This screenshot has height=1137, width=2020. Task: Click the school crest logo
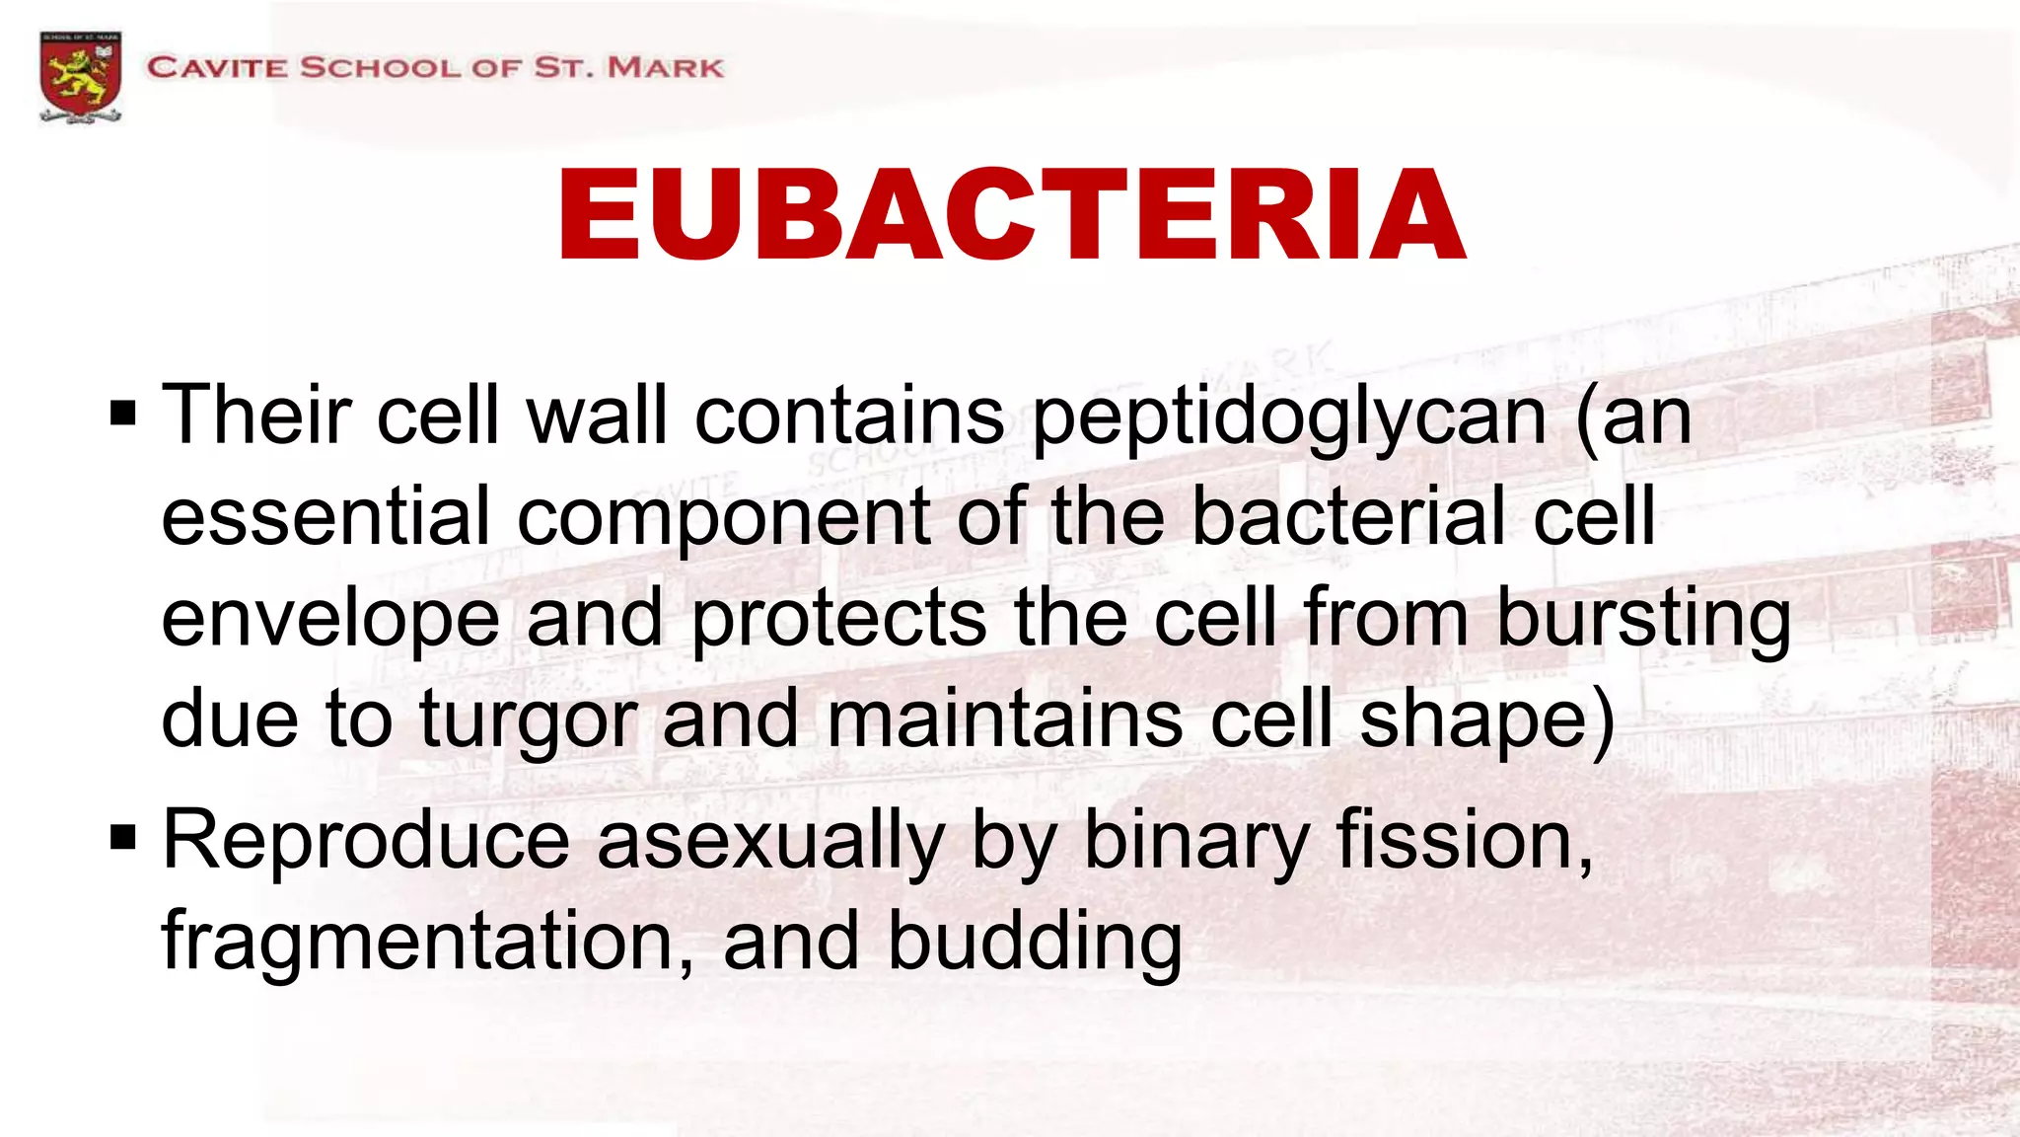pyautogui.click(x=81, y=76)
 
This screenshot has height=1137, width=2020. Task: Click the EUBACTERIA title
pyautogui.click(x=1011, y=215)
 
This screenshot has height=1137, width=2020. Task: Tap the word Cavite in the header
pyautogui.click(x=217, y=68)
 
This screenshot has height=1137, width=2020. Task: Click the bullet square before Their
pyautogui.click(x=123, y=414)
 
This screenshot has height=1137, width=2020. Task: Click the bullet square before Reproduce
pyautogui.click(x=123, y=839)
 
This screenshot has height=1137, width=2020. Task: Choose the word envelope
pyautogui.click(x=329, y=620)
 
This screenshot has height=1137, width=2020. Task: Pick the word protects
pyautogui.click(x=838, y=620)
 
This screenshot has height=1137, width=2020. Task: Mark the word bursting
pyautogui.click(x=1642, y=620)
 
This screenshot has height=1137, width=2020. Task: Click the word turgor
pyautogui.click(x=527, y=721)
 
